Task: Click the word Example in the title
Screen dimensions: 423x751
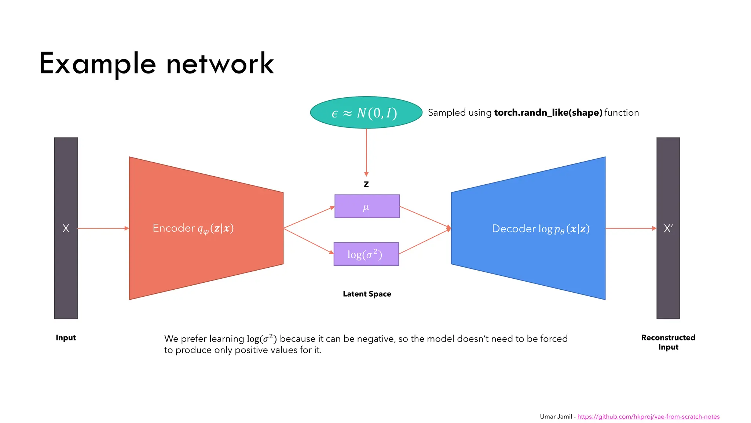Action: point(98,64)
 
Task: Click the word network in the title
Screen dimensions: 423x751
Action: point(220,64)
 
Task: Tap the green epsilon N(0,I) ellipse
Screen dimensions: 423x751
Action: point(366,113)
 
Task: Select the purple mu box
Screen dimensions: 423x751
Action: point(367,206)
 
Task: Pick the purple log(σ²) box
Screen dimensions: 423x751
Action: point(366,254)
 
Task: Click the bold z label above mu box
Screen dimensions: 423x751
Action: point(366,184)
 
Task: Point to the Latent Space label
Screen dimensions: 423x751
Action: point(367,294)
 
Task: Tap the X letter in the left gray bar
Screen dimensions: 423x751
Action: point(66,228)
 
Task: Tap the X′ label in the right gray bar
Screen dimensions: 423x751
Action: point(668,228)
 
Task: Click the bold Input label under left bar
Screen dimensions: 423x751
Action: point(66,338)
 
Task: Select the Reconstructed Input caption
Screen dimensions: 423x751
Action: point(668,342)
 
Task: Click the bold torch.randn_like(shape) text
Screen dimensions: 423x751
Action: point(548,113)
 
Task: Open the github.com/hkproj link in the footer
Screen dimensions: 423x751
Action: point(648,416)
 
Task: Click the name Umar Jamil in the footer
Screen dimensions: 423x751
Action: point(556,416)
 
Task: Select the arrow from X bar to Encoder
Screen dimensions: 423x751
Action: point(103,228)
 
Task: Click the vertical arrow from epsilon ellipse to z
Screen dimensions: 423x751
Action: point(366,152)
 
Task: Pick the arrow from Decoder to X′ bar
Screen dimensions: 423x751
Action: point(631,228)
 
